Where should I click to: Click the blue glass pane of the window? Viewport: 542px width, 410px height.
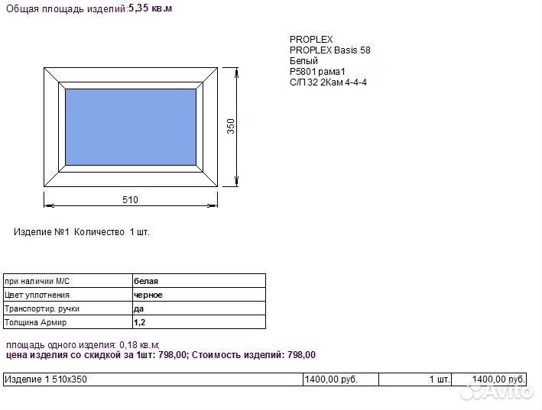(x=131, y=127)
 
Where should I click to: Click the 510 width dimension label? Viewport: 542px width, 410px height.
(x=130, y=200)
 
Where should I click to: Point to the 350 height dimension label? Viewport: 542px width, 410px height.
(x=231, y=126)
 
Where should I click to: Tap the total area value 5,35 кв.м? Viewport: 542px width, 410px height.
(x=150, y=8)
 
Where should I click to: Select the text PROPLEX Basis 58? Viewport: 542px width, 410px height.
(x=330, y=50)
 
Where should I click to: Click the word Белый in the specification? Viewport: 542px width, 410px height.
(x=303, y=61)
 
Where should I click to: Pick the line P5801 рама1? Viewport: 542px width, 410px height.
(x=317, y=72)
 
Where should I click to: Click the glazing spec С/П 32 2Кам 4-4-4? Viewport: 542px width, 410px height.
(x=329, y=82)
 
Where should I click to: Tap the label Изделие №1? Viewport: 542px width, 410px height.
(x=41, y=232)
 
